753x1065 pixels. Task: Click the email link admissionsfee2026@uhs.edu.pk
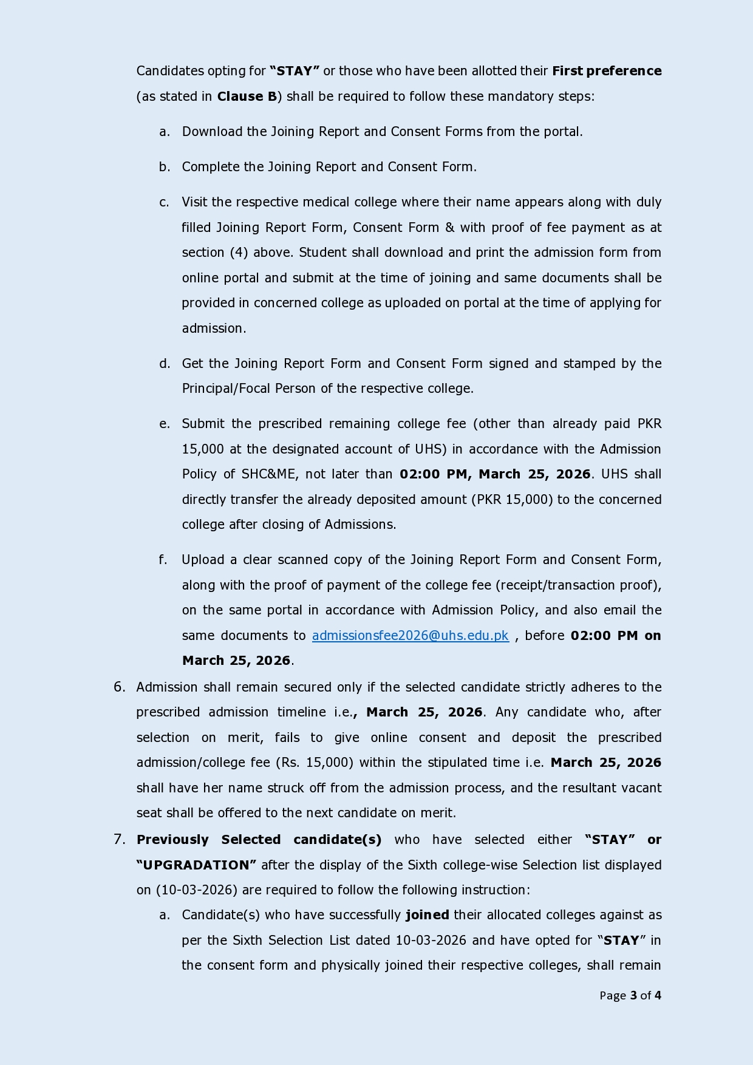[x=410, y=636]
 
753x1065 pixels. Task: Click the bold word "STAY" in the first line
[x=295, y=71]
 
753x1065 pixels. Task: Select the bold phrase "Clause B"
[x=247, y=97]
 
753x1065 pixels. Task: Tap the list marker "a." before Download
[x=164, y=132]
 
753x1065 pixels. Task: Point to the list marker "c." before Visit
[x=164, y=202]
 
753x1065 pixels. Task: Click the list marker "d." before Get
[x=164, y=364]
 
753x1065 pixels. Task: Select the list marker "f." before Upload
[x=163, y=560]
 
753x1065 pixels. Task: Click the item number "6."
[x=119, y=687]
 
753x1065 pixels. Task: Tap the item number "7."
[x=119, y=840]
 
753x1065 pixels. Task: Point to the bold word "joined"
[x=428, y=915]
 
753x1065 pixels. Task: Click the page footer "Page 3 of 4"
[x=630, y=995]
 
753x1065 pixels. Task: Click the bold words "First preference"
[x=606, y=71]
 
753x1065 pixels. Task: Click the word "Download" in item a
[x=212, y=132]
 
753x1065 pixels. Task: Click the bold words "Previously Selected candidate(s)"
[x=259, y=840]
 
